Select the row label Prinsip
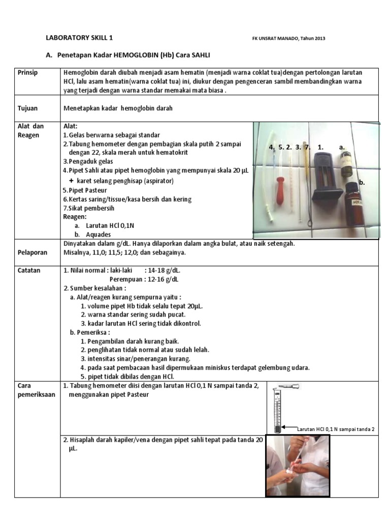point(28,73)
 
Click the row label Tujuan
point(27,108)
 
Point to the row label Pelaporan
point(32,252)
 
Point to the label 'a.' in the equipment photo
point(342,147)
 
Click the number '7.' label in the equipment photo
point(307,147)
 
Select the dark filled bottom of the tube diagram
point(277,428)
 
